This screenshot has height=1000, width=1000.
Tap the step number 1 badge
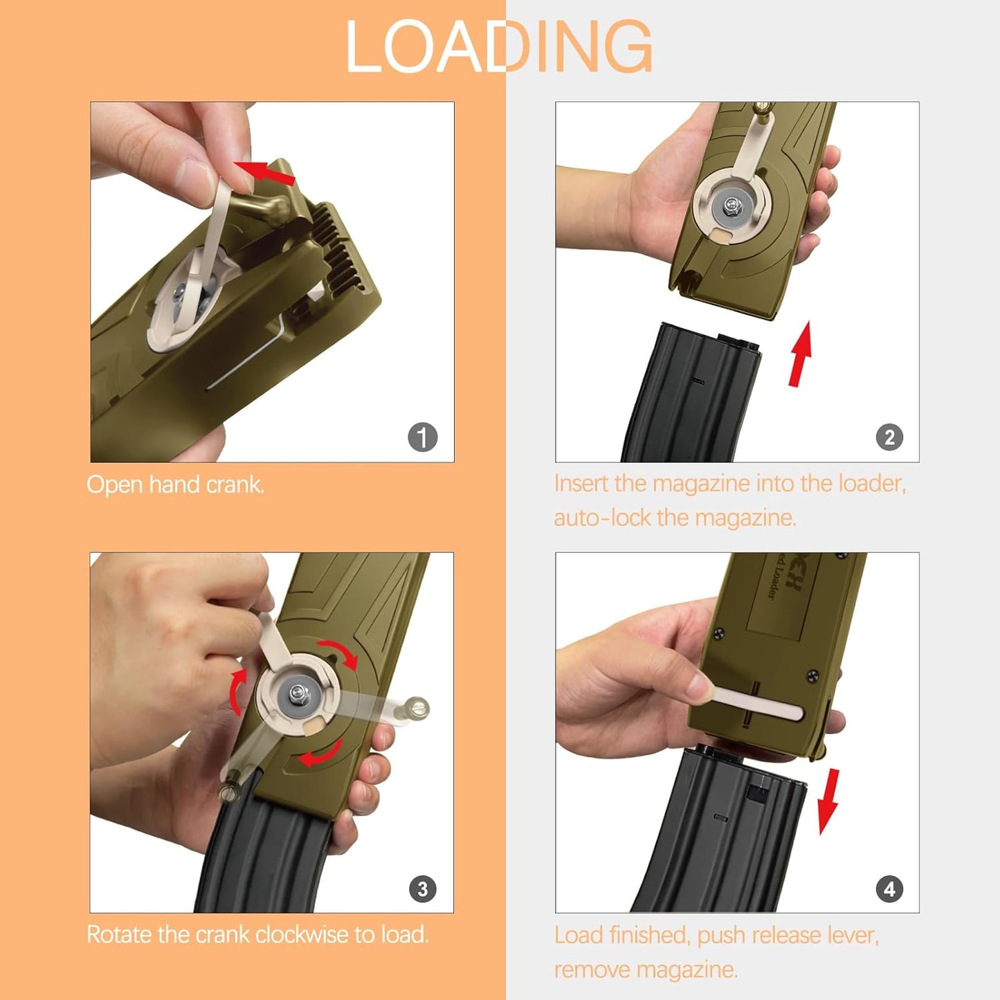pos(422,437)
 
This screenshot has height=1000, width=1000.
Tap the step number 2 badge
pos(889,437)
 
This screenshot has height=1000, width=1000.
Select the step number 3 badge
pos(422,889)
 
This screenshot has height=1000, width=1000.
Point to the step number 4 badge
pos(889,889)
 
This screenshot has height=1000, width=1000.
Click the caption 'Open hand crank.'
pos(175,484)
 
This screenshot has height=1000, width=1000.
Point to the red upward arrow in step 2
pos(800,353)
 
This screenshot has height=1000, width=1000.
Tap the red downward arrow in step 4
pos(828,801)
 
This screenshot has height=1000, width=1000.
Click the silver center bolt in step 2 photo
pos(731,204)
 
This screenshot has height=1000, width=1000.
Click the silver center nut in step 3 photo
pos(298,692)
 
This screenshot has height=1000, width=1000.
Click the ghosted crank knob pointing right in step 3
pos(417,707)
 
